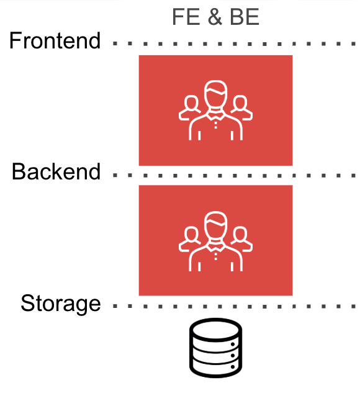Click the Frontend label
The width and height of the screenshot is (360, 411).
pos(55,40)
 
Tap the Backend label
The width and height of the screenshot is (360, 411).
pos(56,171)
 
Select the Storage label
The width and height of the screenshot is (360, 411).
pos(61,304)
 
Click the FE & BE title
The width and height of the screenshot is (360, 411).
pos(215,17)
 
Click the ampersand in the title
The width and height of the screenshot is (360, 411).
pos(215,17)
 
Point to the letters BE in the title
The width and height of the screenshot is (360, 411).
pos(245,17)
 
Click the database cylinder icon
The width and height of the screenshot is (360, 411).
pos(215,348)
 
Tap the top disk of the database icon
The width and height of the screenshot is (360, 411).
pos(215,330)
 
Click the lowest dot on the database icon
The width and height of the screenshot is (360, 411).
pos(233,367)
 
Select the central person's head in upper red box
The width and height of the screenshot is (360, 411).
pos(215,94)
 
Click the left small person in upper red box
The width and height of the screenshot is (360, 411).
pos(190,108)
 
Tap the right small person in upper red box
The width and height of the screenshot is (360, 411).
pos(241,108)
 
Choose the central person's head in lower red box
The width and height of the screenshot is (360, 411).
pos(215,225)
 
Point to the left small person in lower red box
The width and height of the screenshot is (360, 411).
pos(190,239)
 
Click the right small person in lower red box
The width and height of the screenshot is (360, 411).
pos(241,239)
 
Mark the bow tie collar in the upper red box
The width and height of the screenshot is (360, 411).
pos(215,115)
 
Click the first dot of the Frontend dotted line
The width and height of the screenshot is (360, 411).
pos(115,44)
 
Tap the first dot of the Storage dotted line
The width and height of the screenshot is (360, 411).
pos(115,306)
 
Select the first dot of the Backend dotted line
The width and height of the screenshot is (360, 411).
pos(115,175)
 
